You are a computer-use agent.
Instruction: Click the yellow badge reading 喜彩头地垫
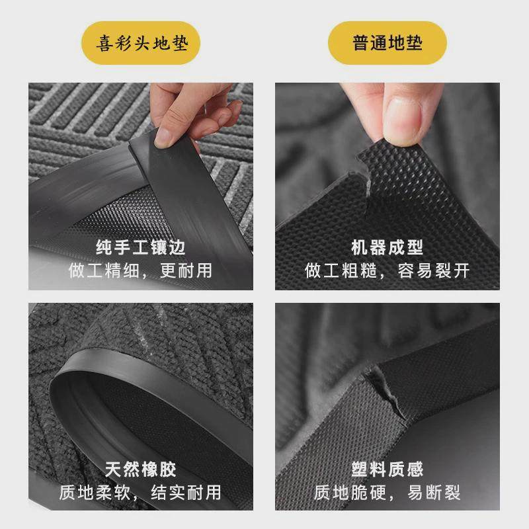(141, 44)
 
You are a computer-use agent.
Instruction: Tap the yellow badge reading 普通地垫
(387, 44)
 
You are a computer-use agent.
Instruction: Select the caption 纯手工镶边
(141, 248)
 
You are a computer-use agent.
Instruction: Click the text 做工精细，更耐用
(141, 270)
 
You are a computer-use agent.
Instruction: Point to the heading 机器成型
(387, 248)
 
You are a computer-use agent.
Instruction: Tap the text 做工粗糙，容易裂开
(387, 270)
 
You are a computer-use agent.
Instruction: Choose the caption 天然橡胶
(141, 469)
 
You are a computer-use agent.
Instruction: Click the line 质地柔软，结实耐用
(141, 492)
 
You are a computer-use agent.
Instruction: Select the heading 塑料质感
(387, 469)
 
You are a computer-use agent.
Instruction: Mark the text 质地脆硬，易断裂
(387, 492)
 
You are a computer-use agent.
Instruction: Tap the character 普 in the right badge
(360, 44)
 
